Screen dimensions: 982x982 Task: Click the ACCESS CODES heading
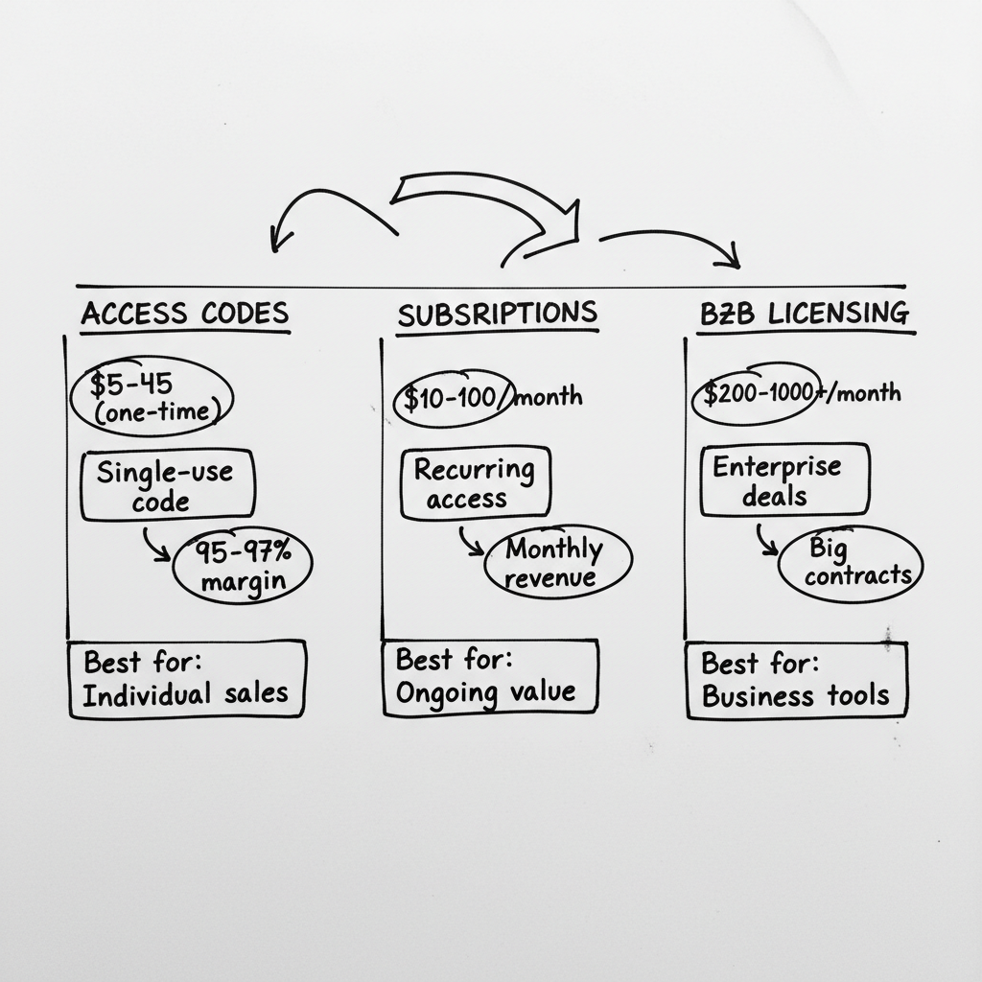pos(185,314)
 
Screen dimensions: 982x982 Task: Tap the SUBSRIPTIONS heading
pos(497,313)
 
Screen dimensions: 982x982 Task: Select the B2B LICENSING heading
pos(804,313)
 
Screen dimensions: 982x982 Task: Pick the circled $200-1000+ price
pos(756,392)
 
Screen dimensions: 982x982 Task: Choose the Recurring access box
pos(475,483)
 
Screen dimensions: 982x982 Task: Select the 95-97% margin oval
pos(242,566)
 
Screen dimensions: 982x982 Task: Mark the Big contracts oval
pos(852,562)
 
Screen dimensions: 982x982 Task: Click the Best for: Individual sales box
pos(186,679)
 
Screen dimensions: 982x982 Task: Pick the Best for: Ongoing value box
pos(489,677)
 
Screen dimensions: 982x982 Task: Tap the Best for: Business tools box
pos(796,679)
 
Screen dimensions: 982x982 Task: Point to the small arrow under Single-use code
pos(156,544)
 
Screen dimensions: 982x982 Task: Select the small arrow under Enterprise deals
pos(767,540)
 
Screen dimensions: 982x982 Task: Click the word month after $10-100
pos(549,396)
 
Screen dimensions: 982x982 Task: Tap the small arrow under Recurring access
pos(470,542)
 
